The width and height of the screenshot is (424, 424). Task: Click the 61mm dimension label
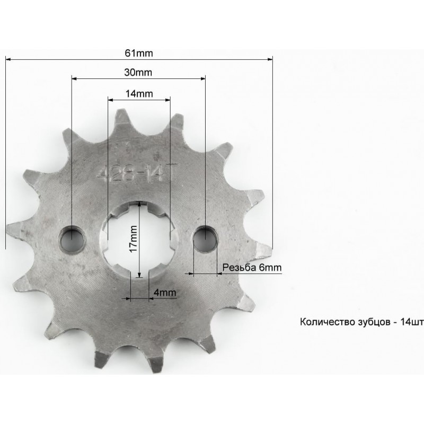tap(139, 54)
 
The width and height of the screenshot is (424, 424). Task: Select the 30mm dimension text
tap(138, 73)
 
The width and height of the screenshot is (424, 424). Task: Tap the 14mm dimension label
tap(139, 94)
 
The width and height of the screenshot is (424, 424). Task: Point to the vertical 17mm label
tap(134, 239)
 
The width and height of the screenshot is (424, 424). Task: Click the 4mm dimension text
tap(165, 293)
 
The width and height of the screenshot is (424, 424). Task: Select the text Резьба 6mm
tap(252, 268)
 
